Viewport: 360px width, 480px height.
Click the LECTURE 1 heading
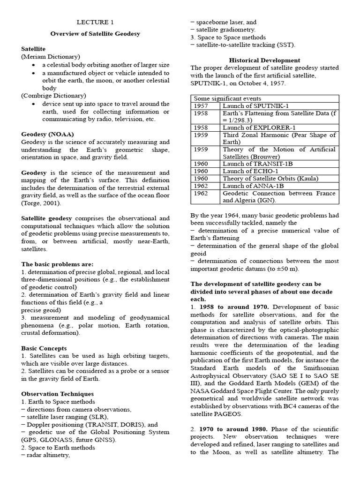click(95, 22)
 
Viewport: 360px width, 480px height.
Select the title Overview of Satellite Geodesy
click(95, 34)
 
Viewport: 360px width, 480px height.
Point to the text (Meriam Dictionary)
click(51, 56)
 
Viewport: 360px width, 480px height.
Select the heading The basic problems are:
click(57, 264)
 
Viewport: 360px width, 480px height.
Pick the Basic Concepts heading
click(44, 348)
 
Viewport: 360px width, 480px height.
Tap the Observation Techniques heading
click(57, 394)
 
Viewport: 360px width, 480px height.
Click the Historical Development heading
click(264, 60)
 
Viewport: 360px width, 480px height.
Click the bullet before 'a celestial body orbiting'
click(35, 65)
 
